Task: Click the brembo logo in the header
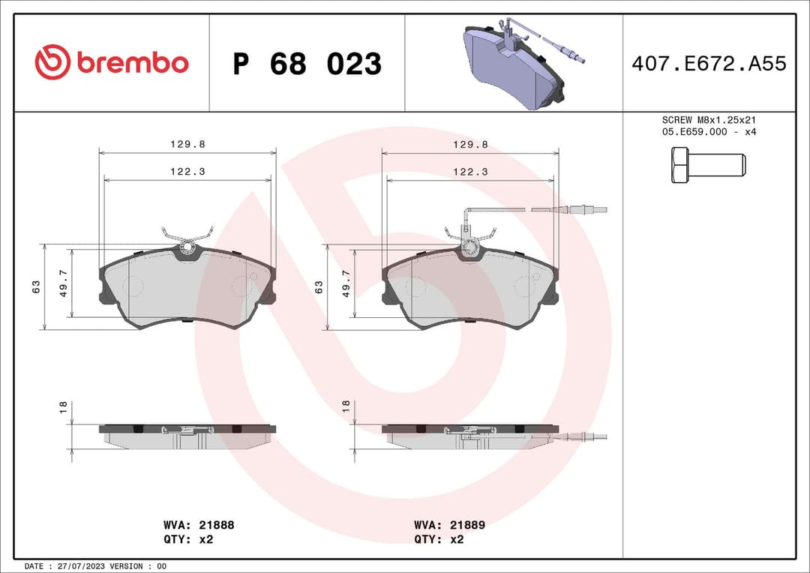[112, 63]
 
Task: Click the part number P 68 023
[307, 64]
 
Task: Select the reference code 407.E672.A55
[709, 64]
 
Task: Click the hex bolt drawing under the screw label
[707, 165]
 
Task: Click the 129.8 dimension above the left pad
[187, 145]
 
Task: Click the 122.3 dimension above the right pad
[470, 172]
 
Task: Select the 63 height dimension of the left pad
[36, 286]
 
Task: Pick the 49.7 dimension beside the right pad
[346, 284]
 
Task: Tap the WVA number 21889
[467, 525]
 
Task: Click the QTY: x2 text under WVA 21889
[439, 539]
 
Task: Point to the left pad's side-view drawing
[187, 435]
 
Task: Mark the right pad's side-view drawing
[470, 435]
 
